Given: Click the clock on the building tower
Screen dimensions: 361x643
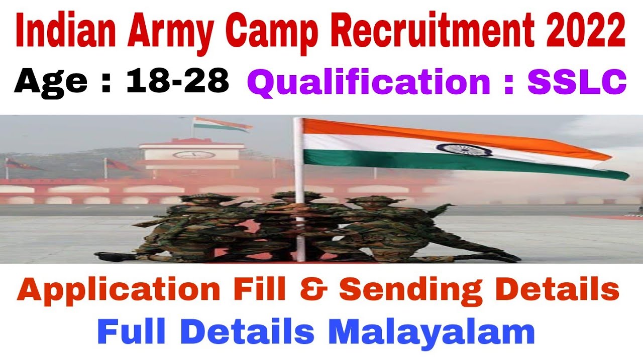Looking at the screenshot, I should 191,154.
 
